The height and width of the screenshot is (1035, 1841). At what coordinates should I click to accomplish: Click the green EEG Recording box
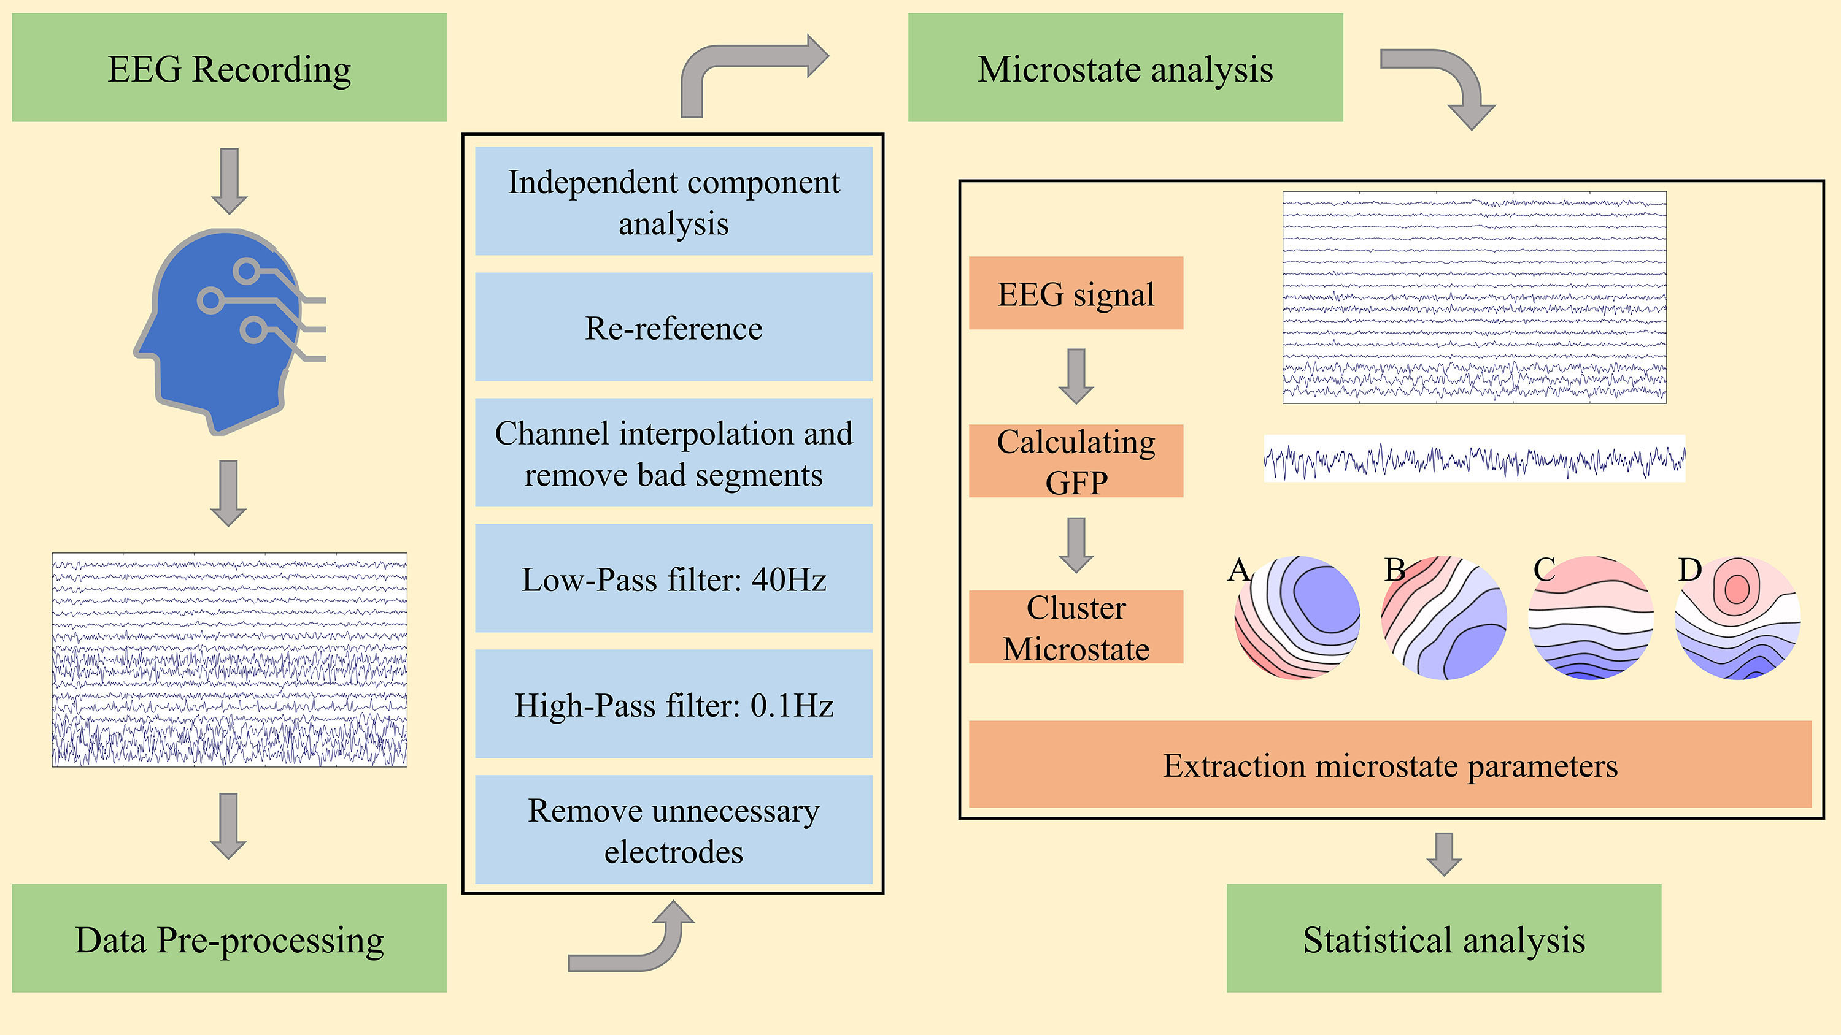(229, 68)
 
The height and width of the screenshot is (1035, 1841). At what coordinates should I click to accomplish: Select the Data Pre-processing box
(229, 938)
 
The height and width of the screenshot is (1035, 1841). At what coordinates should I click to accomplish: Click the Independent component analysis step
(673, 202)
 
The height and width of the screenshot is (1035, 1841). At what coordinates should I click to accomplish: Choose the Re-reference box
(673, 327)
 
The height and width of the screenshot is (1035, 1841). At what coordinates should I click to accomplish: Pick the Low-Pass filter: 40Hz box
(673, 579)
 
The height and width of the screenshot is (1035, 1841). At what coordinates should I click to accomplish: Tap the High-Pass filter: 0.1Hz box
(673, 705)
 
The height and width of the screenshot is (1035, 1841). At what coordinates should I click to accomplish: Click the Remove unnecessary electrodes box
(673, 830)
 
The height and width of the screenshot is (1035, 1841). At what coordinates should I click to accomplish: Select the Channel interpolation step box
(673, 453)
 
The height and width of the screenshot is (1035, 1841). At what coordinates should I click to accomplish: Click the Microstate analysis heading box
(1125, 68)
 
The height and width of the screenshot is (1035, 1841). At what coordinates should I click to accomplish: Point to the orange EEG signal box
(1076, 293)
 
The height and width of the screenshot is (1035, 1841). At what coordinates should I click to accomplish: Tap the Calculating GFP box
(1076, 460)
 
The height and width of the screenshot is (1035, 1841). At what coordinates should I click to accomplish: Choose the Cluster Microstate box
(1076, 627)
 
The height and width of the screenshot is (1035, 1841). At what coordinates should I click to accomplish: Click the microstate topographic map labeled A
(1297, 618)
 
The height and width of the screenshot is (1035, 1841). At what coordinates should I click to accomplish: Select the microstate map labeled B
(1443, 618)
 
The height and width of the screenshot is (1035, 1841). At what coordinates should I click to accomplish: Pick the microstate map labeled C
(1591, 618)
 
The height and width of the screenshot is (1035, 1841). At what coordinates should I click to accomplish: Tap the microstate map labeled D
(1737, 618)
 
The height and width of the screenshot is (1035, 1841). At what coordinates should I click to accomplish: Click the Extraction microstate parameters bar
(1389, 764)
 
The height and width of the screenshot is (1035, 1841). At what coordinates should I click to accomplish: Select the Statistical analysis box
(1443, 938)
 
